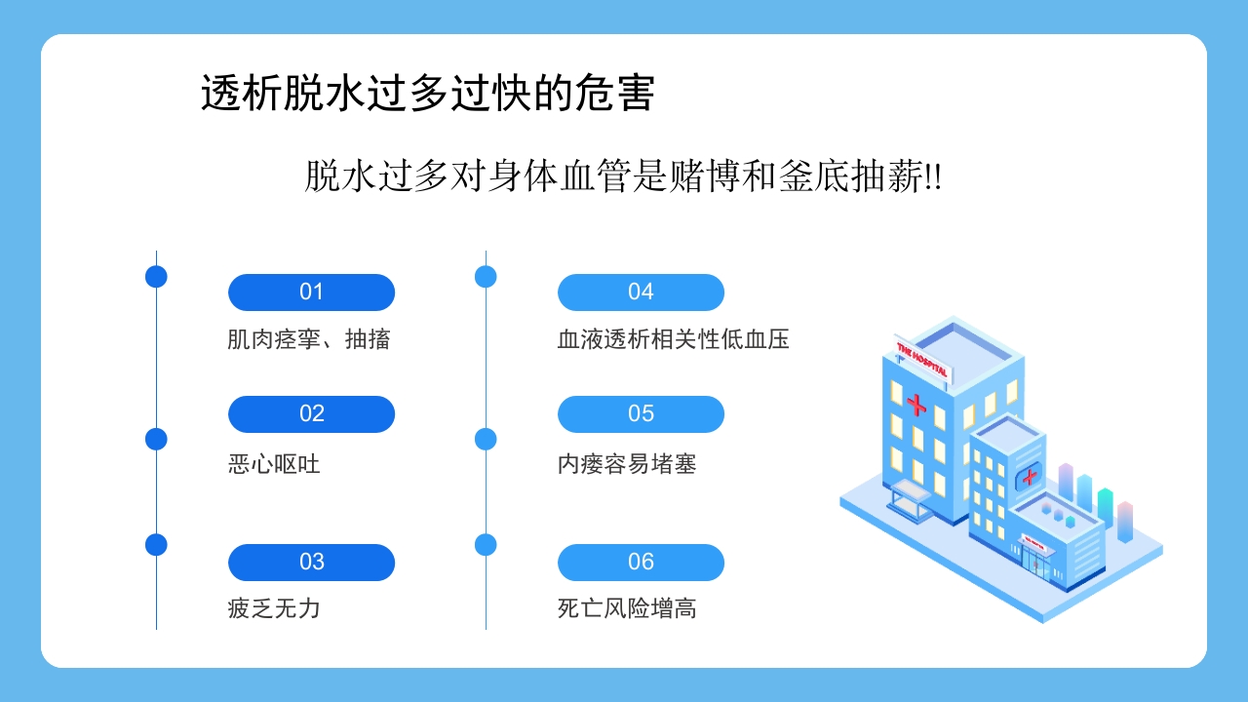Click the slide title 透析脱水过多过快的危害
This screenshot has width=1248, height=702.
(x=427, y=94)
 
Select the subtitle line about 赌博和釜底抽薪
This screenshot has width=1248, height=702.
(x=623, y=176)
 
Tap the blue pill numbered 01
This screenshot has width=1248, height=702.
(x=311, y=292)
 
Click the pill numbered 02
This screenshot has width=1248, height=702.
(x=311, y=414)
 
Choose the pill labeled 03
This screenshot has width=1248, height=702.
(x=311, y=563)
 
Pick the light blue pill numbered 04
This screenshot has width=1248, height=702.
(x=641, y=292)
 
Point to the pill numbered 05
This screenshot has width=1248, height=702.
(x=641, y=414)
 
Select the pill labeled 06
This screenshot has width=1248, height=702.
(x=641, y=563)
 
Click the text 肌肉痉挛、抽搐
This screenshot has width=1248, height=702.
(x=309, y=339)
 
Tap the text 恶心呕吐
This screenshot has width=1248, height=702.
(x=274, y=464)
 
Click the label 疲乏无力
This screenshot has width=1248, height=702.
(x=274, y=609)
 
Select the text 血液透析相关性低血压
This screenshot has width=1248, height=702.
(x=673, y=339)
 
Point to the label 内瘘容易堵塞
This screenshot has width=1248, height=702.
(x=627, y=464)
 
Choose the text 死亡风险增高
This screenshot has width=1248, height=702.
(x=627, y=609)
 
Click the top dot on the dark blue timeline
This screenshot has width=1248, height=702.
(x=156, y=277)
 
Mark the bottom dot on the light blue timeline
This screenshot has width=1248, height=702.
(x=486, y=545)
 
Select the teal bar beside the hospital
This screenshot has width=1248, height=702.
(x=1105, y=505)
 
